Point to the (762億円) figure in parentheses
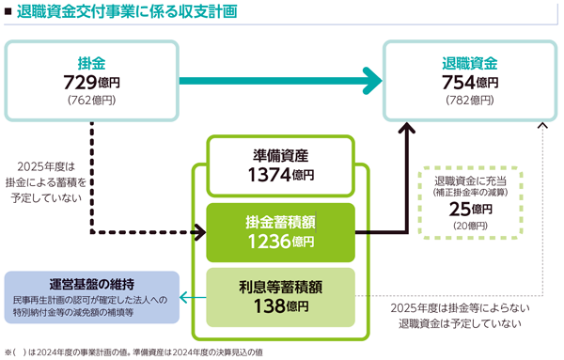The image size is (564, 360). (x=91, y=99)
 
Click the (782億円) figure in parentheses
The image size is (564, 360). (x=469, y=99)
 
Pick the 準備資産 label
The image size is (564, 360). (x=280, y=155)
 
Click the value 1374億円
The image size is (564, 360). (x=280, y=174)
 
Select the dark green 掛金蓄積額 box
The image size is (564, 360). (x=280, y=232)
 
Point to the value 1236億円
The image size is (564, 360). (x=280, y=243)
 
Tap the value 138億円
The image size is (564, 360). (x=280, y=306)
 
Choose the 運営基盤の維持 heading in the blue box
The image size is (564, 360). (x=91, y=284)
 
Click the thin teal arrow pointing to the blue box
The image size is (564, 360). (x=191, y=299)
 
